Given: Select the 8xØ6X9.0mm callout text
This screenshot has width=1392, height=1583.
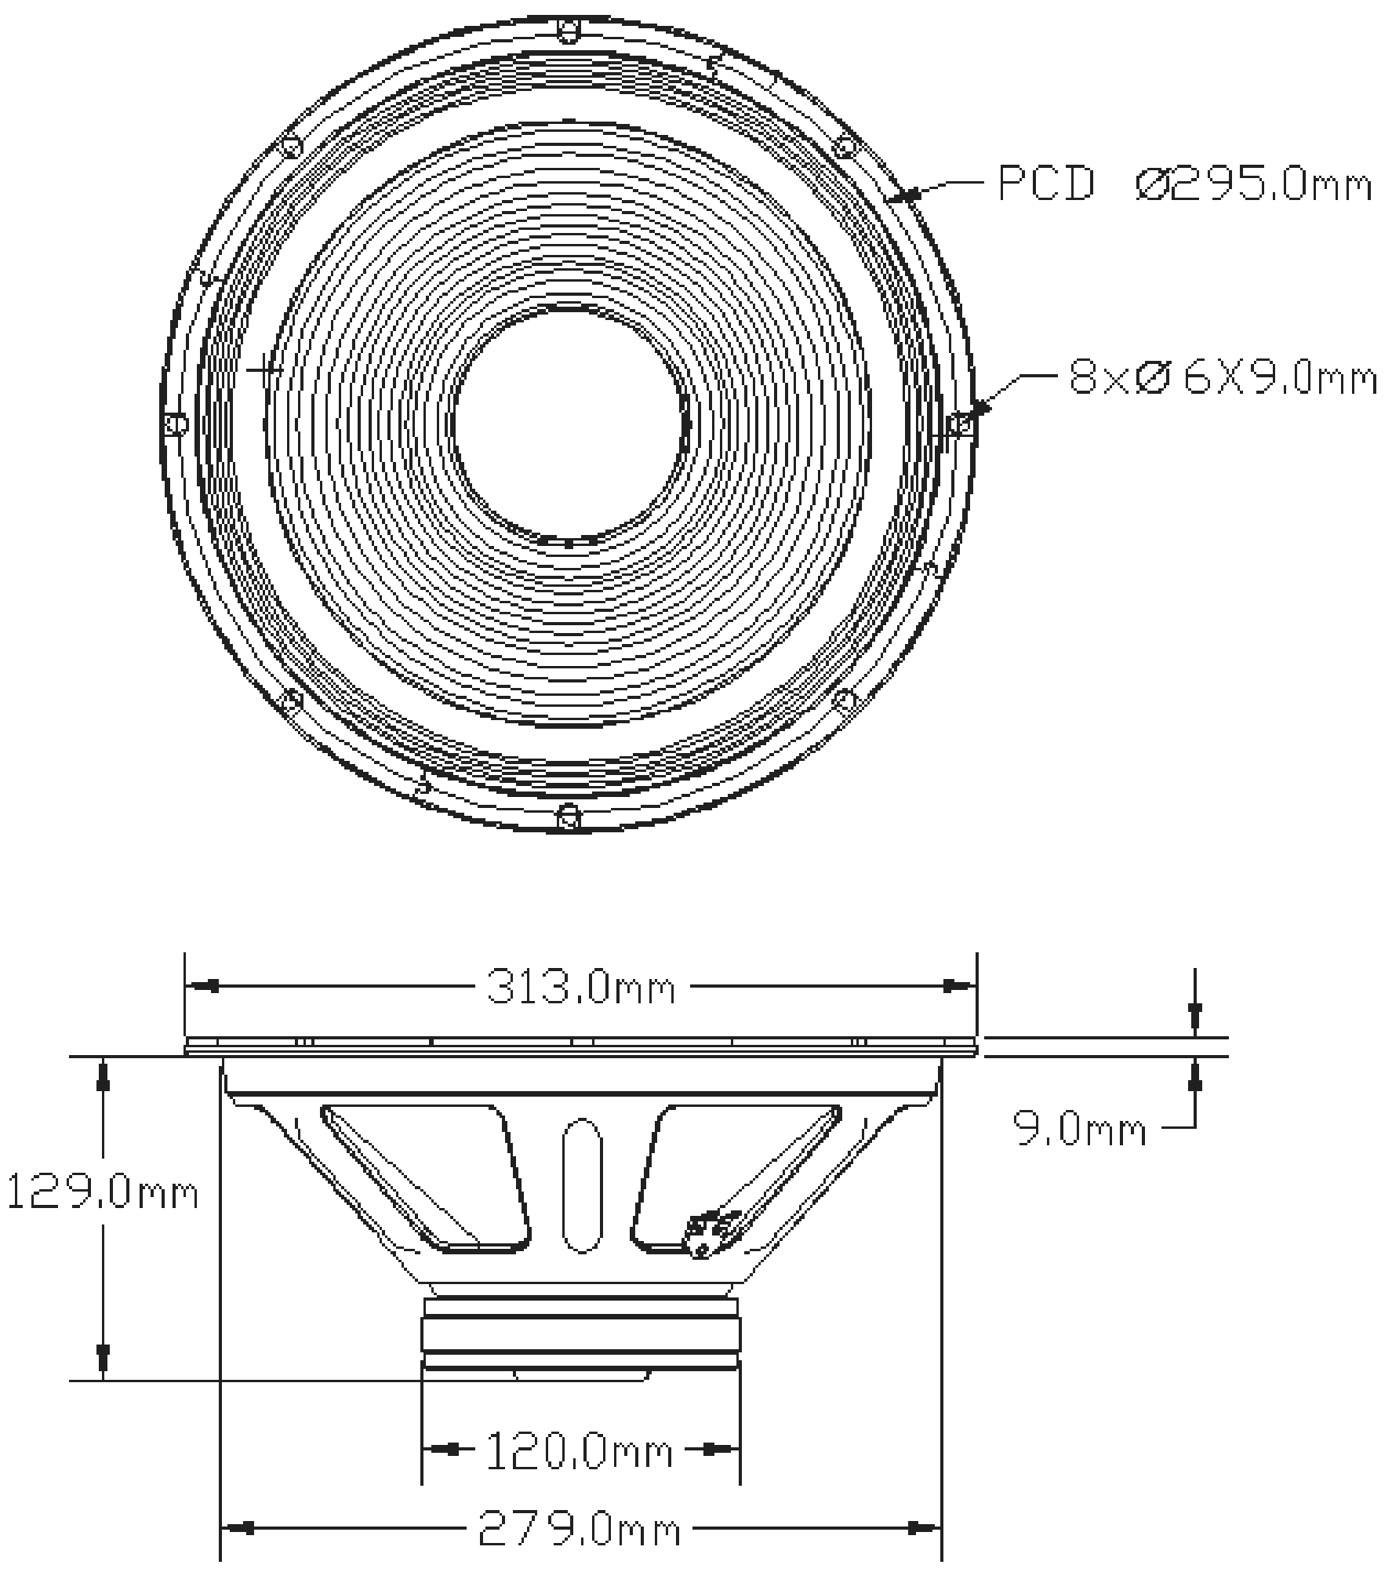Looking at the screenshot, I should click(1222, 378).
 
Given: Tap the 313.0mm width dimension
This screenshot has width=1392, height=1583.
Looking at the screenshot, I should click(580, 988).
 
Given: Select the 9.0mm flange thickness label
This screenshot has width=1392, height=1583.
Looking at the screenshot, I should click(1080, 1130).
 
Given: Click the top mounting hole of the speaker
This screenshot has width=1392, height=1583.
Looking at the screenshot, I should click(569, 31).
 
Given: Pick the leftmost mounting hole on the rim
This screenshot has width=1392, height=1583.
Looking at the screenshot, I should click(177, 424).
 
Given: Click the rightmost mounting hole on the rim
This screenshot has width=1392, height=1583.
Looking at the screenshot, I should click(961, 424).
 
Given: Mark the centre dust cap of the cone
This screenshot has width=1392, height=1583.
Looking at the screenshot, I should click(570, 424).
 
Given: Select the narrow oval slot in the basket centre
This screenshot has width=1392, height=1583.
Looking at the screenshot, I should click(581, 1185).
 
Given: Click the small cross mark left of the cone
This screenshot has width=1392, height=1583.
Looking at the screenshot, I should click(264, 369).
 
